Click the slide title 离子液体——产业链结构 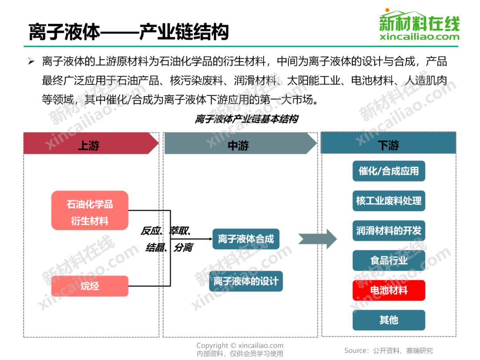tap(128, 32)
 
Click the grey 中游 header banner tap(239, 144)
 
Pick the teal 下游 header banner tap(388, 144)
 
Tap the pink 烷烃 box tap(90, 286)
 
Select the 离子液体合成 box tap(246, 239)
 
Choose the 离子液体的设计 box tap(246, 281)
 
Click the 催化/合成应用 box tap(389, 171)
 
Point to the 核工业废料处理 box tap(389, 201)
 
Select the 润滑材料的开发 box tap(389, 231)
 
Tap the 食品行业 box tap(389, 260)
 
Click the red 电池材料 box tap(389, 290)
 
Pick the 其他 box tap(389, 320)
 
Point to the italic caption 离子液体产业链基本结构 tap(246, 120)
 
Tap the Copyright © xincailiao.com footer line tap(240, 346)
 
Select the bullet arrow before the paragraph tap(31, 61)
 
